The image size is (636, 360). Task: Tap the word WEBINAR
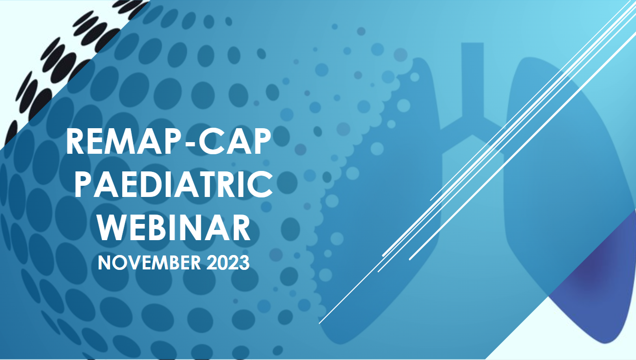click(x=174, y=228)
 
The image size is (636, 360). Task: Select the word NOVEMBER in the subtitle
click(x=149, y=262)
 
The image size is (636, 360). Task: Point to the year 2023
click(x=228, y=262)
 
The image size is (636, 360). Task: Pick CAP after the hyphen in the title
click(x=235, y=141)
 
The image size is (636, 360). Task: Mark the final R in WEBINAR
click(x=241, y=228)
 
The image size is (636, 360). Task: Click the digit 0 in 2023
click(x=222, y=262)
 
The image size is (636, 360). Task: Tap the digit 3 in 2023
click(x=244, y=262)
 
